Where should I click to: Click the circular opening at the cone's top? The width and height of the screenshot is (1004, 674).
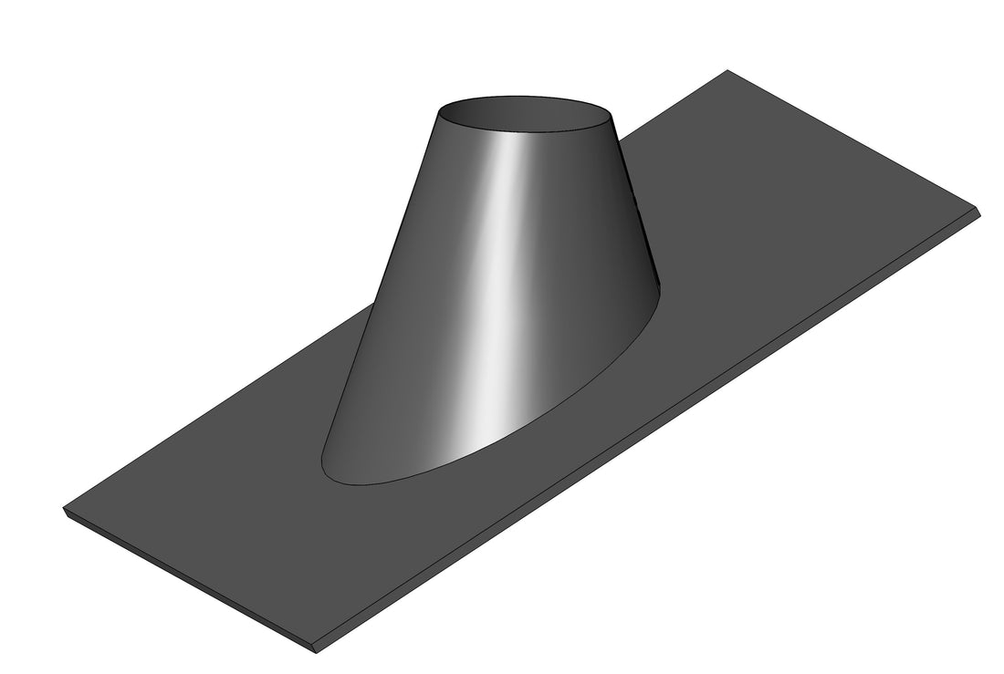point(526,113)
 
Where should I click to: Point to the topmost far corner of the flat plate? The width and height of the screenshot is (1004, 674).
point(727,70)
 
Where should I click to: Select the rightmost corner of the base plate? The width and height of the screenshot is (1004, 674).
point(983,213)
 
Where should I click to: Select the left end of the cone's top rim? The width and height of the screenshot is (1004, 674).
point(439,112)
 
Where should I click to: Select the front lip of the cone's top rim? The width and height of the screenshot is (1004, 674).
point(525,133)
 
